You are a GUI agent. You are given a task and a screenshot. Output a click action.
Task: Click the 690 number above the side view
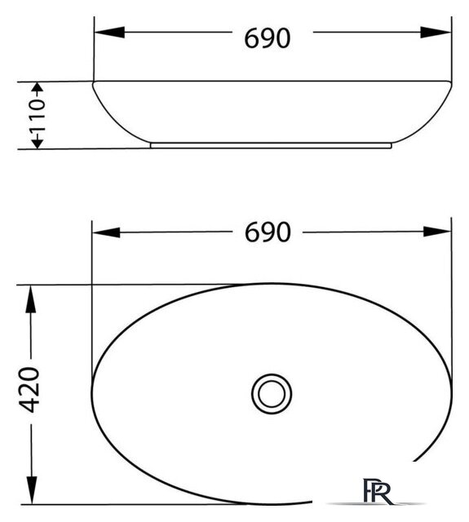[x=267, y=38]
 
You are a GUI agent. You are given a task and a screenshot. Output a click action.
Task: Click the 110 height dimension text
[x=38, y=115]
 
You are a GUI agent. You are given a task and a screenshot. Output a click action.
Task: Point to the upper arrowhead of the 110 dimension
[x=37, y=88]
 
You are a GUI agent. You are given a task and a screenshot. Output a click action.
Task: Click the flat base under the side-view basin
[x=272, y=146]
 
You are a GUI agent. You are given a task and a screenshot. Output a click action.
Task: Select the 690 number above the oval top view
[x=267, y=232]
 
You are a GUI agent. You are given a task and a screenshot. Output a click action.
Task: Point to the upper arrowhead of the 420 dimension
[x=30, y=297]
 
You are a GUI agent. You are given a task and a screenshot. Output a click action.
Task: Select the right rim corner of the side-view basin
[x=450, y=82]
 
